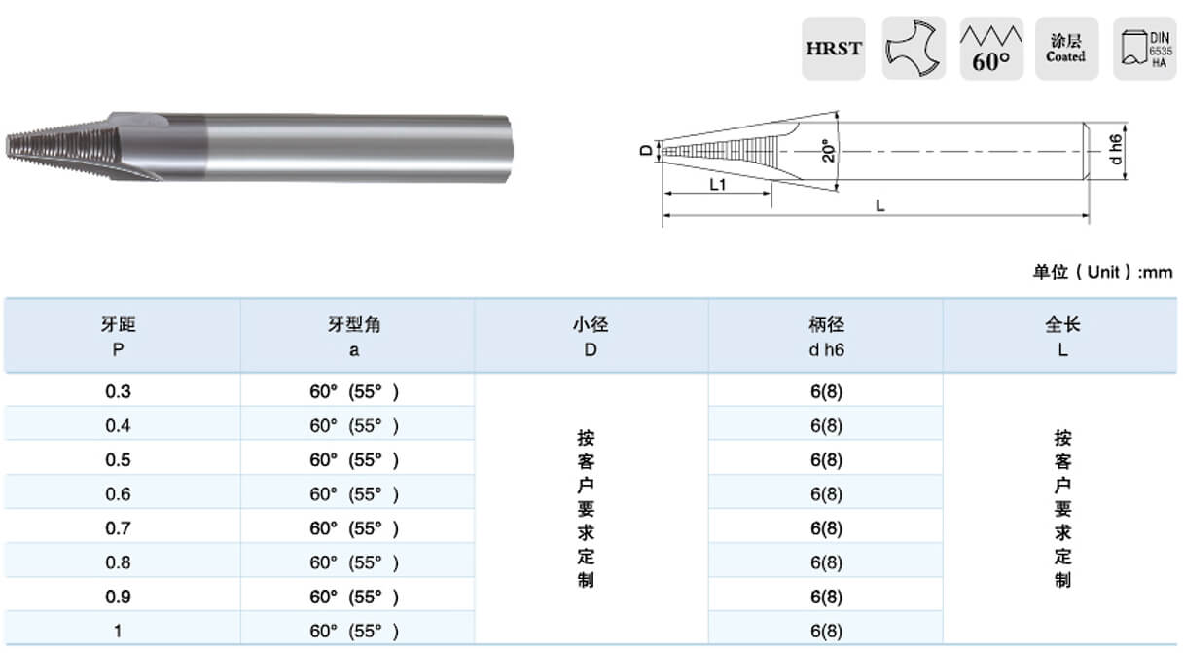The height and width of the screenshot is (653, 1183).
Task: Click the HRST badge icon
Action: click(834, 49)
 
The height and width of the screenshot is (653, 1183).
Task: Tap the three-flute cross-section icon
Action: click(914, 49)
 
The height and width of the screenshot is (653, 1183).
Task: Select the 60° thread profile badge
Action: click(991, 49)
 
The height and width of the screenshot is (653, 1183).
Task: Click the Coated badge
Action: click(1066, 49)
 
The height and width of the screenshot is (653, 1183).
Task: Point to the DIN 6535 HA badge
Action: click(1145, 49)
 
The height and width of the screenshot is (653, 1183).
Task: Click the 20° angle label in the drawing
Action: click(829, 151)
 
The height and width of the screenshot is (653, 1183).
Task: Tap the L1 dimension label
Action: click(718, 184)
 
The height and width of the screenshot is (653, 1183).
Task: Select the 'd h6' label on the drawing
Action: click(1115, 150)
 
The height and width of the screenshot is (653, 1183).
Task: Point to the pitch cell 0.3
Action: click(118, 391)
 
